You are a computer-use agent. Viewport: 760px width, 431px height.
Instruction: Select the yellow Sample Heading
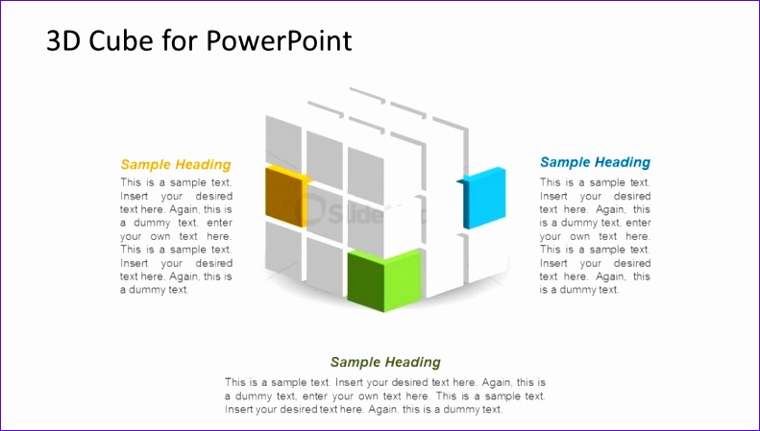pos(176,164)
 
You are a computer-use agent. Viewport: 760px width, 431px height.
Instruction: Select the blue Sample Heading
pos(595,162)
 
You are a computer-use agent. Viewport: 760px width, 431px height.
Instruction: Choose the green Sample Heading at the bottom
pos(385,362)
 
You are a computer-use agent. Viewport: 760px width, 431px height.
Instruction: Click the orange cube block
pos(284,196)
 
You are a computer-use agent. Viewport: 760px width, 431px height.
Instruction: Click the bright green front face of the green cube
pos(403,279)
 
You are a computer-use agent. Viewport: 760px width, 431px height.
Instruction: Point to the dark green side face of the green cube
pos(365,280)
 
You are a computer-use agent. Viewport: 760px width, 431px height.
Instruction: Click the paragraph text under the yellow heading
pos(176,236)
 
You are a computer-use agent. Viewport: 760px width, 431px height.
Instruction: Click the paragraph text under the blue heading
pos(595,236)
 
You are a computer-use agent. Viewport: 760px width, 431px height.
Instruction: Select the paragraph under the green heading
pos(385,395)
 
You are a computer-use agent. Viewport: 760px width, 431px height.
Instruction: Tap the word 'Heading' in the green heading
pos(415,362)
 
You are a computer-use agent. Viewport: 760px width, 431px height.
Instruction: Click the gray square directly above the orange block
pos(283,140)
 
